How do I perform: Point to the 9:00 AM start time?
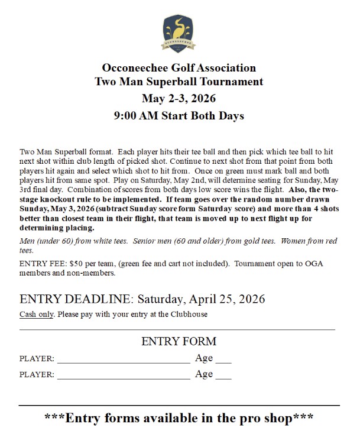139,116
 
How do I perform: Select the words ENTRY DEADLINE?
72,299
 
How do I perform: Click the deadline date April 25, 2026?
225,299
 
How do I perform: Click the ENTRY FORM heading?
179,342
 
